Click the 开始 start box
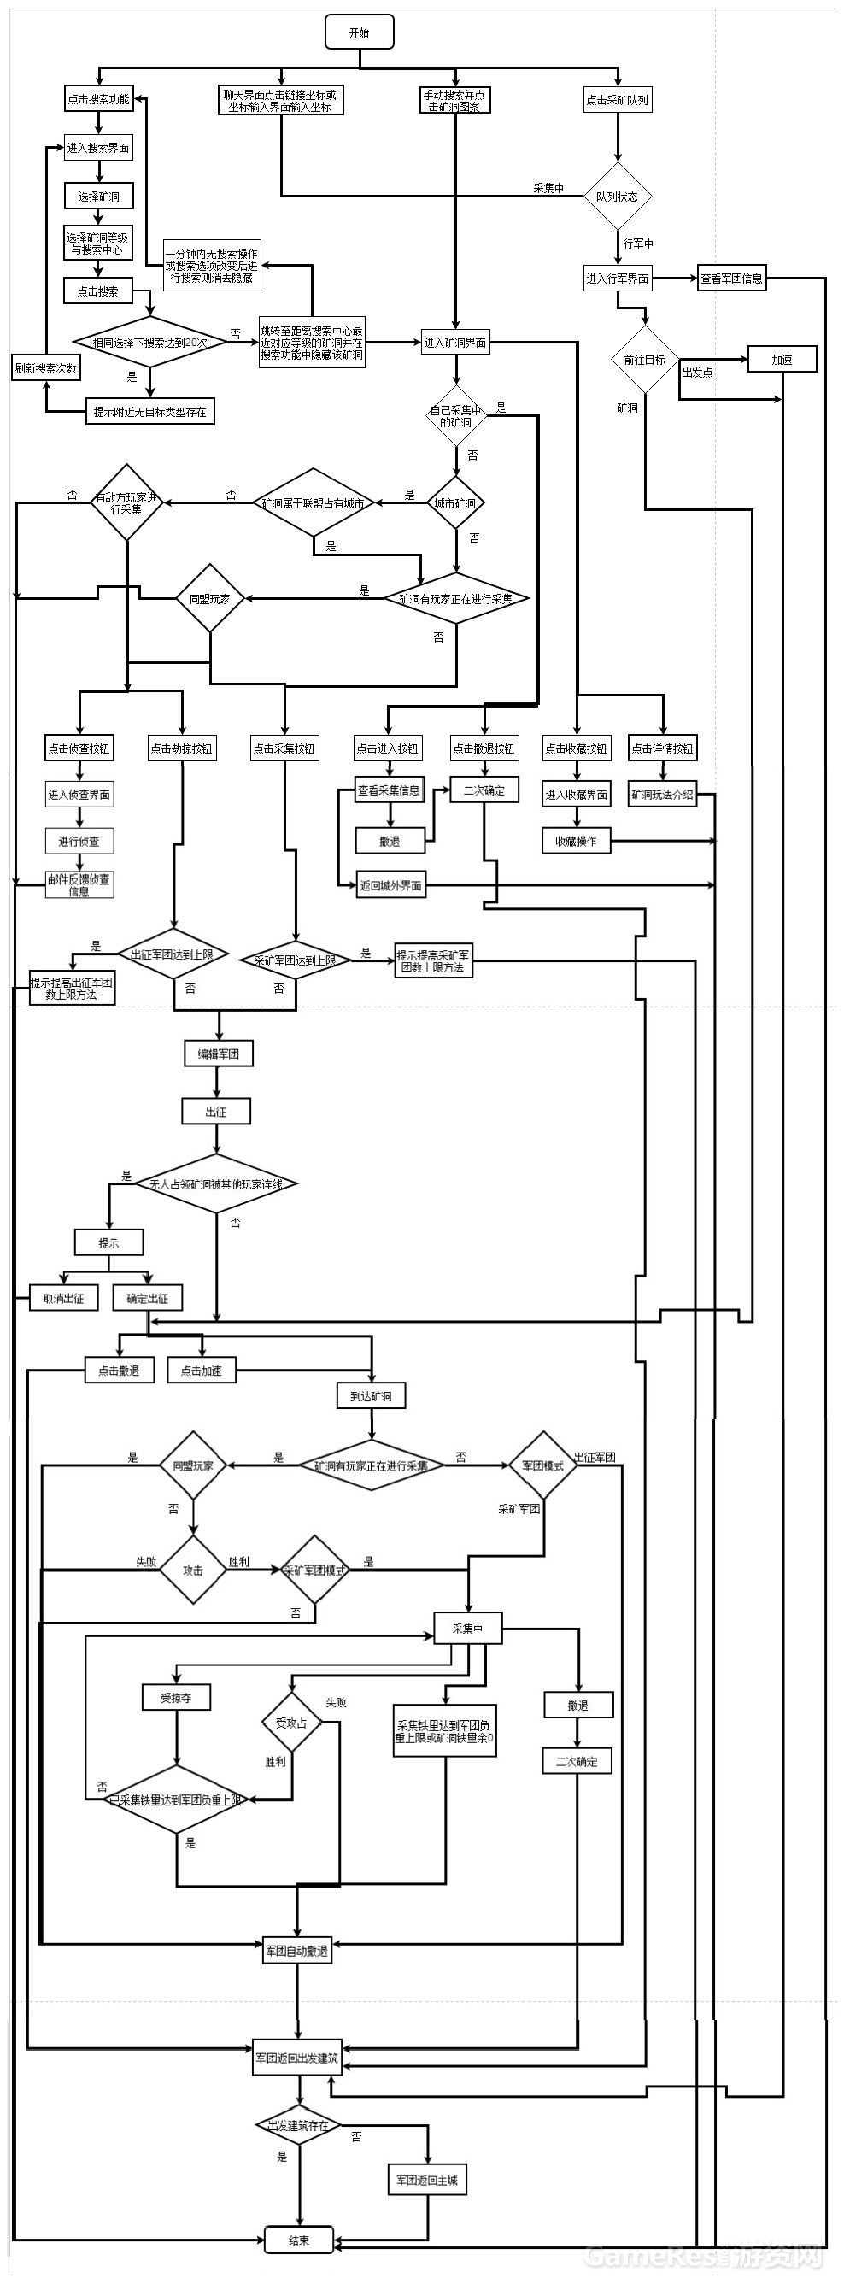click(x=359, y=32)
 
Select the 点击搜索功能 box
click(x=97, y=99)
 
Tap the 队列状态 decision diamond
click(x=617, y=196)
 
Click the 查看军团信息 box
click(x=731, y=279)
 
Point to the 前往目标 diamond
click(x=644, y=359)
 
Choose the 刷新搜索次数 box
click(x=45, y=368)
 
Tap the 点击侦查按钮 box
click(x=79, y=749)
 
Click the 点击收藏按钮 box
click(x=577, y=749)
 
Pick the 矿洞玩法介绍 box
click(x=662, y=795)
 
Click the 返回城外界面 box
click(x=390, y=885)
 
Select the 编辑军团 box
click(x=218, y=1054)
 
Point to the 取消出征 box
click(x=64, y=1298)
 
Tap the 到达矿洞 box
click(x=372, y=1395)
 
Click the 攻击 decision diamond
click(x=192, y=1571)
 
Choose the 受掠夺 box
click(x=175, y=1698)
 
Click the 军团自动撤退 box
click(x=297, y=1951)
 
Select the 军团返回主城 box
click(x=427, y=2181)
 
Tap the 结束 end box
click(x=299, y=2240)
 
